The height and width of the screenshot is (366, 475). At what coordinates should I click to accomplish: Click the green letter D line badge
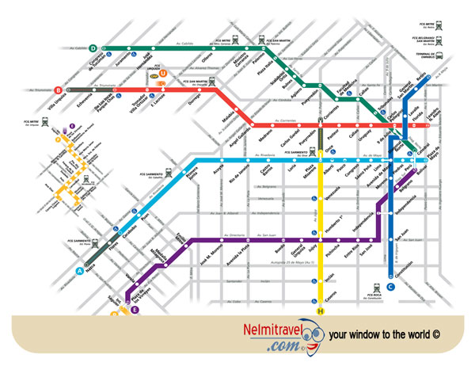(93, 48)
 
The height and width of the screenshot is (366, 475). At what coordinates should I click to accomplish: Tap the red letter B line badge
(58, 90)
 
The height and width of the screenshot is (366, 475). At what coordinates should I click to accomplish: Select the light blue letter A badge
(79, 270)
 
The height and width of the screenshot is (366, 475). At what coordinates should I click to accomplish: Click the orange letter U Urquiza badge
(163, 74)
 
